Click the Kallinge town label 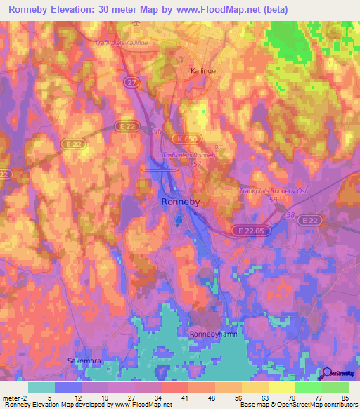pyautogui.click(x=205, y=71)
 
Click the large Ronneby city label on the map pyautogui.click(x=180, y=202)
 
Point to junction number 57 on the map pyautogui.click(x=196, y=163)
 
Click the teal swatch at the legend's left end pyautogui.click(x=41, y=387)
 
